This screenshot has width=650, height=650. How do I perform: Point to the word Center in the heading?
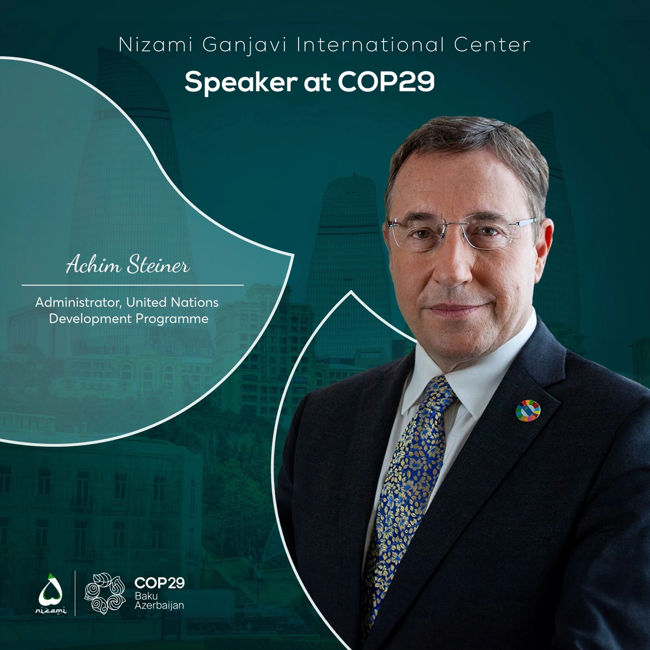(492, 45)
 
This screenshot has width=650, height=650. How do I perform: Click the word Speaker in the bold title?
(241, 83)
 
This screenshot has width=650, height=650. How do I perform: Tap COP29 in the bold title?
(386, 82)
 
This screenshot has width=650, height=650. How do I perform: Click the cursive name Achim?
(93, 265)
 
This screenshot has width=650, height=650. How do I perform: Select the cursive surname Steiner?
(158, 265)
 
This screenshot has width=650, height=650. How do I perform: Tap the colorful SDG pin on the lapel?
(528, 411)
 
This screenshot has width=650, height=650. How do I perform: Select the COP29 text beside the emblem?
(160, 582)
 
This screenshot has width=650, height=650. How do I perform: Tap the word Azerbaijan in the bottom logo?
(159, 606)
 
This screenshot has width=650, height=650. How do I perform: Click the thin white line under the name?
(133, 285)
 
